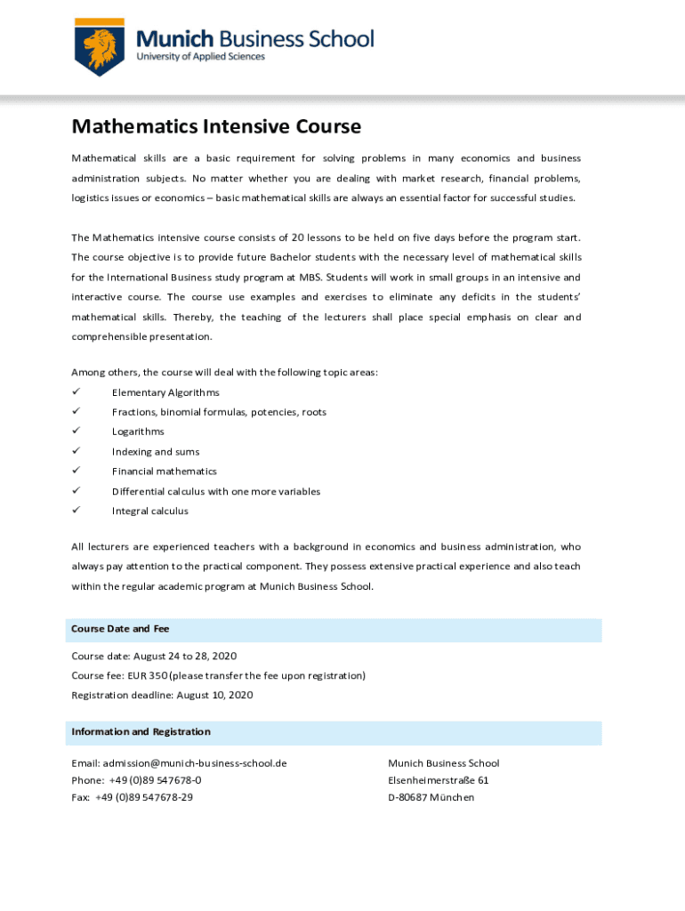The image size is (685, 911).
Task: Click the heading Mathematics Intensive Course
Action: pos(216,126)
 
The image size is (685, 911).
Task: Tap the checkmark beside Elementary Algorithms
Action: pos(77,392)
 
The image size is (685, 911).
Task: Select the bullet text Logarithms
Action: pos(138,431)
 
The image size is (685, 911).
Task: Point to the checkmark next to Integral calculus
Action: pos(77,511)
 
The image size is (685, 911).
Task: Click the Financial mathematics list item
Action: pos(164,472)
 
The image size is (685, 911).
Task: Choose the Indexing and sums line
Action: pos(156,452)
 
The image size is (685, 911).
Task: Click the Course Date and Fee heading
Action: pos(120,629)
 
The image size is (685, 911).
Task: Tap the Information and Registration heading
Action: pos(141,732)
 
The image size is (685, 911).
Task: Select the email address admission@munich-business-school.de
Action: pos(194,763)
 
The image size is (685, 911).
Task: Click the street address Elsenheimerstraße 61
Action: pos(439,780)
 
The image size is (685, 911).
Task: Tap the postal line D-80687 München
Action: pos(431,797)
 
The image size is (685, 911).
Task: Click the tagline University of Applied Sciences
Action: pos(200,57)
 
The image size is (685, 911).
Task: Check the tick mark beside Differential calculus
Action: pos(77,491)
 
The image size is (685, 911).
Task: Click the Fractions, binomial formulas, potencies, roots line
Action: pos(219,412)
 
